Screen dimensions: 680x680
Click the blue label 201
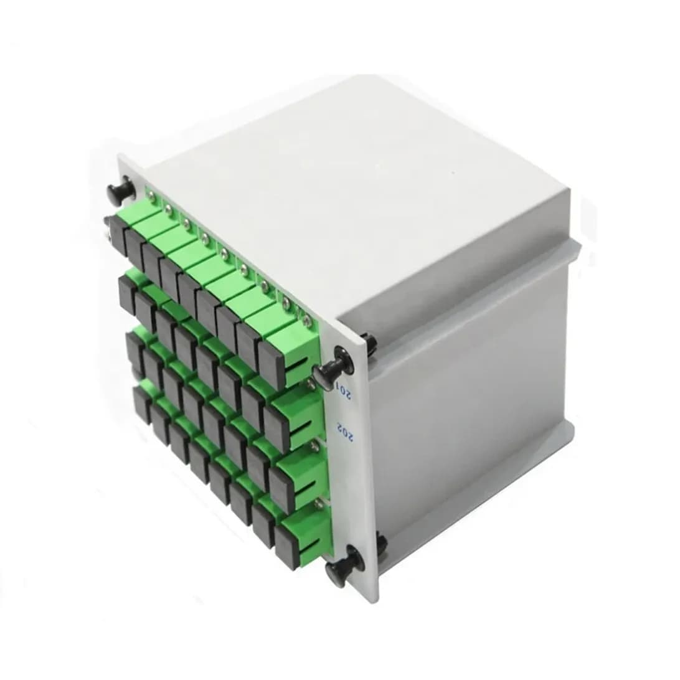point(343,391)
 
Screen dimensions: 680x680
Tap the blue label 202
point(342,430)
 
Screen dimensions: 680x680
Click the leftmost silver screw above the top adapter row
point(151,196)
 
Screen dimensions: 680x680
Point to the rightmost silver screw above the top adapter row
point(306,321)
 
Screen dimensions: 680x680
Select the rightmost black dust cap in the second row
point(276,429)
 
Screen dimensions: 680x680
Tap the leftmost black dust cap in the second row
point(128,295)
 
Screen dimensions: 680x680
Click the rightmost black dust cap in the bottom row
point(286,546)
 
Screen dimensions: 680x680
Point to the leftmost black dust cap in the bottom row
point(141,404)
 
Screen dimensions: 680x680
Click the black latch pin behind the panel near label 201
point(369,342)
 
